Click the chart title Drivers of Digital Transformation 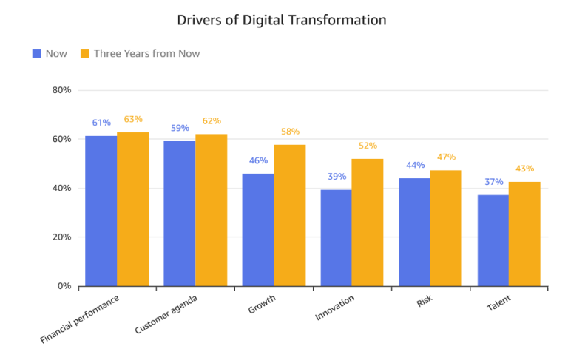282,20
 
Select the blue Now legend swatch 37,53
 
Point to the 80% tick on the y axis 61,90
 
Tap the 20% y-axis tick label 61,237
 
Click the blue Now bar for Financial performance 101,211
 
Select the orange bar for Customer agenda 211,210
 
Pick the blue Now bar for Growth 258,230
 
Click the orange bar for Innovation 368,223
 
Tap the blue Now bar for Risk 415,232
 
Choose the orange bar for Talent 524,234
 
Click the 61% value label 101,123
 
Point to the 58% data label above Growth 290,132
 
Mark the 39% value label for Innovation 337,177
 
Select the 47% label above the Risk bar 446,157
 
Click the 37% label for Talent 494,181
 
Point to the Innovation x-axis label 335,308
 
